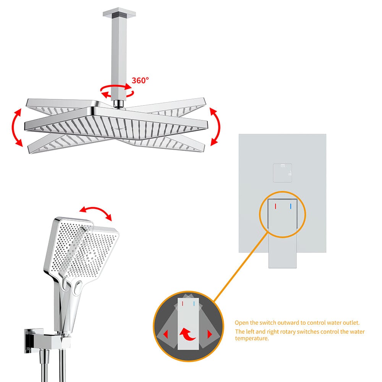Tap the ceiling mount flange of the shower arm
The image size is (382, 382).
point(119,14)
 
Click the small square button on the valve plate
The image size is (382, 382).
point(283,172)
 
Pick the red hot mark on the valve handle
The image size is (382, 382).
point(275,207)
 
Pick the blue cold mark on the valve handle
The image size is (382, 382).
point(291,207)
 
